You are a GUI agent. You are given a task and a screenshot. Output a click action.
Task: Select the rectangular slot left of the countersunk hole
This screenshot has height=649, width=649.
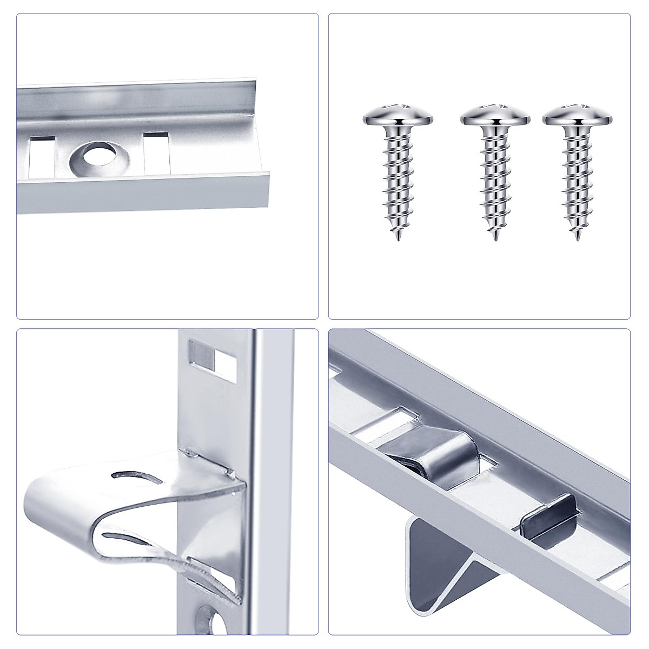point(42,156)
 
